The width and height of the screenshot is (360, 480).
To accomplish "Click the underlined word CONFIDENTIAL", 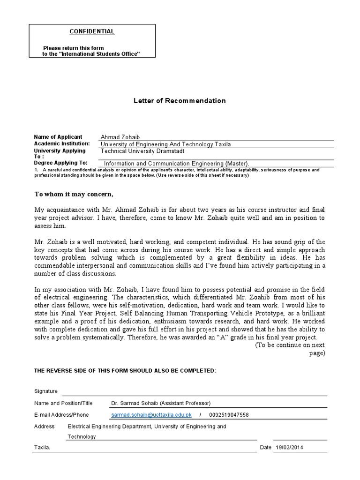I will (92, 31).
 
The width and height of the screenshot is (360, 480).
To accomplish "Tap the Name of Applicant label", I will (58, 136).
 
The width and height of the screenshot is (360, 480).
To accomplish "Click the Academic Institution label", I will (62, 143).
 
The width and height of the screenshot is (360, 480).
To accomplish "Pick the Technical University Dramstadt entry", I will (142, 151).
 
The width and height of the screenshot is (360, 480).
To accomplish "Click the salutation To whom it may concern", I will (74, 194).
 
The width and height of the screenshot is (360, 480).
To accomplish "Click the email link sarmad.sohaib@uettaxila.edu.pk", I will (151, 415).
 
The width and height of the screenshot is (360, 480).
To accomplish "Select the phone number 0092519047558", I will (229, 415).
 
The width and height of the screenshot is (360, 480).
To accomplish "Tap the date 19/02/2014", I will (290, 448).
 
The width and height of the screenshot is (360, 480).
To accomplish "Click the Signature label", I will (46, 391).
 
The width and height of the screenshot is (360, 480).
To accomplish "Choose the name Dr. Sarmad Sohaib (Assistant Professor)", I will (161, 403).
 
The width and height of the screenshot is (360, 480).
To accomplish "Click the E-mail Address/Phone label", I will (61, 415).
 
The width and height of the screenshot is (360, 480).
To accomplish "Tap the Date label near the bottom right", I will (266, 448).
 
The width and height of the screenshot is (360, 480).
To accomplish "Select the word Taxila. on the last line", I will (42, 448).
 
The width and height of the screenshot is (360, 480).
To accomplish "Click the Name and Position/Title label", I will (64, 403).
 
